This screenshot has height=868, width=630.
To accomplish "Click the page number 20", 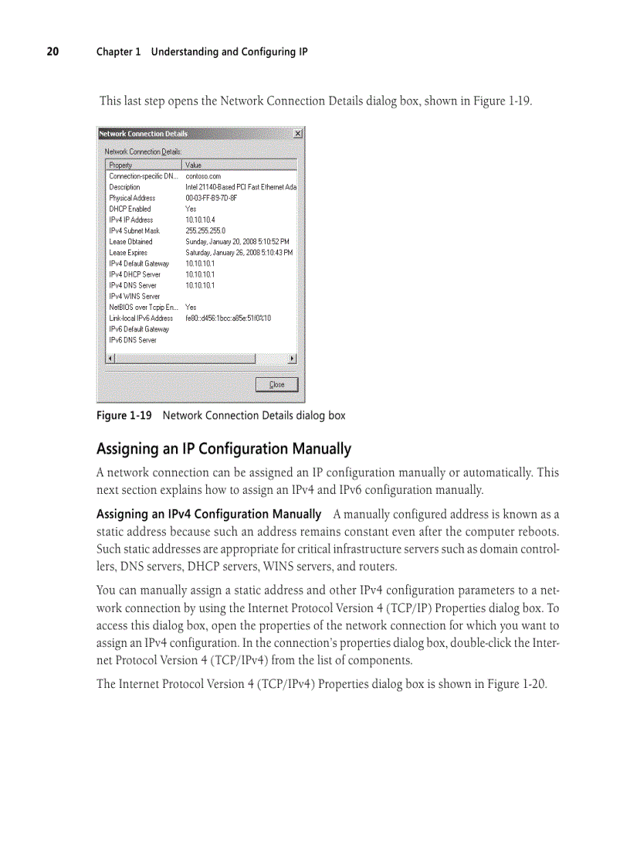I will [x=52, y=52].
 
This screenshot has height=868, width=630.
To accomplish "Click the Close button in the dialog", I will [x=276, y=384].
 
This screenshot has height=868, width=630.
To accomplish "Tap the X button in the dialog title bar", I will [x=298, y=134].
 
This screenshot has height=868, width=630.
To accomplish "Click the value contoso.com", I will [x=203, y=176].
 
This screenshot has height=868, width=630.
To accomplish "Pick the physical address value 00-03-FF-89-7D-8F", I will [x=211, y=198].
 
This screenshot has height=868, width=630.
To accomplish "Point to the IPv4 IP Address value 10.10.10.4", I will [x=200, y=220].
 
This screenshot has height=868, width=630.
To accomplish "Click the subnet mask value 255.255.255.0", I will [x=205, y=230].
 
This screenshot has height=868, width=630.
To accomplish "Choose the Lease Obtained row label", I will [x=130, y=242].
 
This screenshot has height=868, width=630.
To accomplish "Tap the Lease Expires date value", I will [x=239, y=253].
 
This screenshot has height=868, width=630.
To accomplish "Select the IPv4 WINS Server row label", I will [x=134, y=296].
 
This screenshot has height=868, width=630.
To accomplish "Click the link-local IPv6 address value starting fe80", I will [x=228, y=318].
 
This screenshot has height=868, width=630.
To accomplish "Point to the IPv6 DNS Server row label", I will [x=133, y=340].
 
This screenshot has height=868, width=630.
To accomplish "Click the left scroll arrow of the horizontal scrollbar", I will [x=110, y=359].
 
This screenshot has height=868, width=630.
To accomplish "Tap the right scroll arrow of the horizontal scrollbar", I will [x=292, y=359].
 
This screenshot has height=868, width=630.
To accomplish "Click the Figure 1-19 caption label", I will [x=124, y=416].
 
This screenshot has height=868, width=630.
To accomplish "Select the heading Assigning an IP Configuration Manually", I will [x=223, y=449].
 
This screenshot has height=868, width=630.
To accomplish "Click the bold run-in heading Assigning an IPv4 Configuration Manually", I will [x=208, y=514].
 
